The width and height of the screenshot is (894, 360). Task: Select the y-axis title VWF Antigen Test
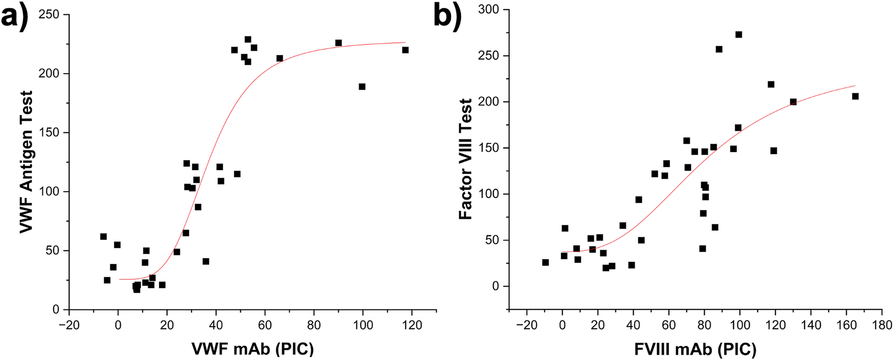pos(27,162)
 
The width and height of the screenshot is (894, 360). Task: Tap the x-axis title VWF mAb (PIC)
pos(252,349)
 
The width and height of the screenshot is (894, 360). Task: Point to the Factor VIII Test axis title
pos(465,159)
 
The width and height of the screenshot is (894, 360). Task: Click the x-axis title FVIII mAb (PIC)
pos(695,349)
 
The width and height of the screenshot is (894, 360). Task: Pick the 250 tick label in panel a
pos(49,15)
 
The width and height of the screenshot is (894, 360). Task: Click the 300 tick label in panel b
pos(490,10)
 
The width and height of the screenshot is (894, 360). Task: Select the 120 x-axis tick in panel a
pos(412,325)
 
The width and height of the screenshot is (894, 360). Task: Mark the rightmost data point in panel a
pos(406,50)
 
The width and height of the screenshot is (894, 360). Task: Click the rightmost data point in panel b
pos(855,97)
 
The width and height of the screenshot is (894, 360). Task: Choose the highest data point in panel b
pos(739,35)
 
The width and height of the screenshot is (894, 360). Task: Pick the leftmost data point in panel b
pos(546,262)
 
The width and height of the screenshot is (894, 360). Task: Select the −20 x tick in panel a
pos(69,325)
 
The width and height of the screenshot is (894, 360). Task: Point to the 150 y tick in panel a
pos(49,133)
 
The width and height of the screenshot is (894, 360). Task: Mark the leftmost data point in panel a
pos(103,236)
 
